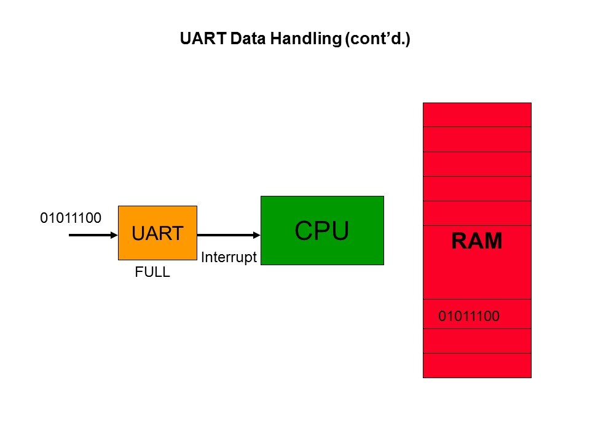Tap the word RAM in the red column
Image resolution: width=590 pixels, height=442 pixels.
pos(477,241)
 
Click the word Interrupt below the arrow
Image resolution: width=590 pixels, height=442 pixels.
pos(228,258)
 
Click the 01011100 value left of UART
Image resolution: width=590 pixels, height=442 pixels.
pos(71,217)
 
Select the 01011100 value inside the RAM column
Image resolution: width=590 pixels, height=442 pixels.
pos(469,317)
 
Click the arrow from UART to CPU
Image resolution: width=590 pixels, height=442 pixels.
pos(227,235)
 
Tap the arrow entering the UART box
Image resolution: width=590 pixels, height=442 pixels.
pos(92,235)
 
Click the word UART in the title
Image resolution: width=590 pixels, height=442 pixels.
pos(198,39)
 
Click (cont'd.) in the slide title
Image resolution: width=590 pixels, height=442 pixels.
pos(377,39)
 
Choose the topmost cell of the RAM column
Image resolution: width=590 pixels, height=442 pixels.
pos(477,115)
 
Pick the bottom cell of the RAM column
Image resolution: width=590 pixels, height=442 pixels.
pos(477,365)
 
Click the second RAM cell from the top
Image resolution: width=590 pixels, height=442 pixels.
pos(477,139)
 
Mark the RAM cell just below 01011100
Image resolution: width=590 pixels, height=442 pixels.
pos(477,341)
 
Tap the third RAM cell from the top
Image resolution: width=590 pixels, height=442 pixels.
pos(477,164)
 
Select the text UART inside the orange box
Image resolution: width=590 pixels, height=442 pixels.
pos(157,233)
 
